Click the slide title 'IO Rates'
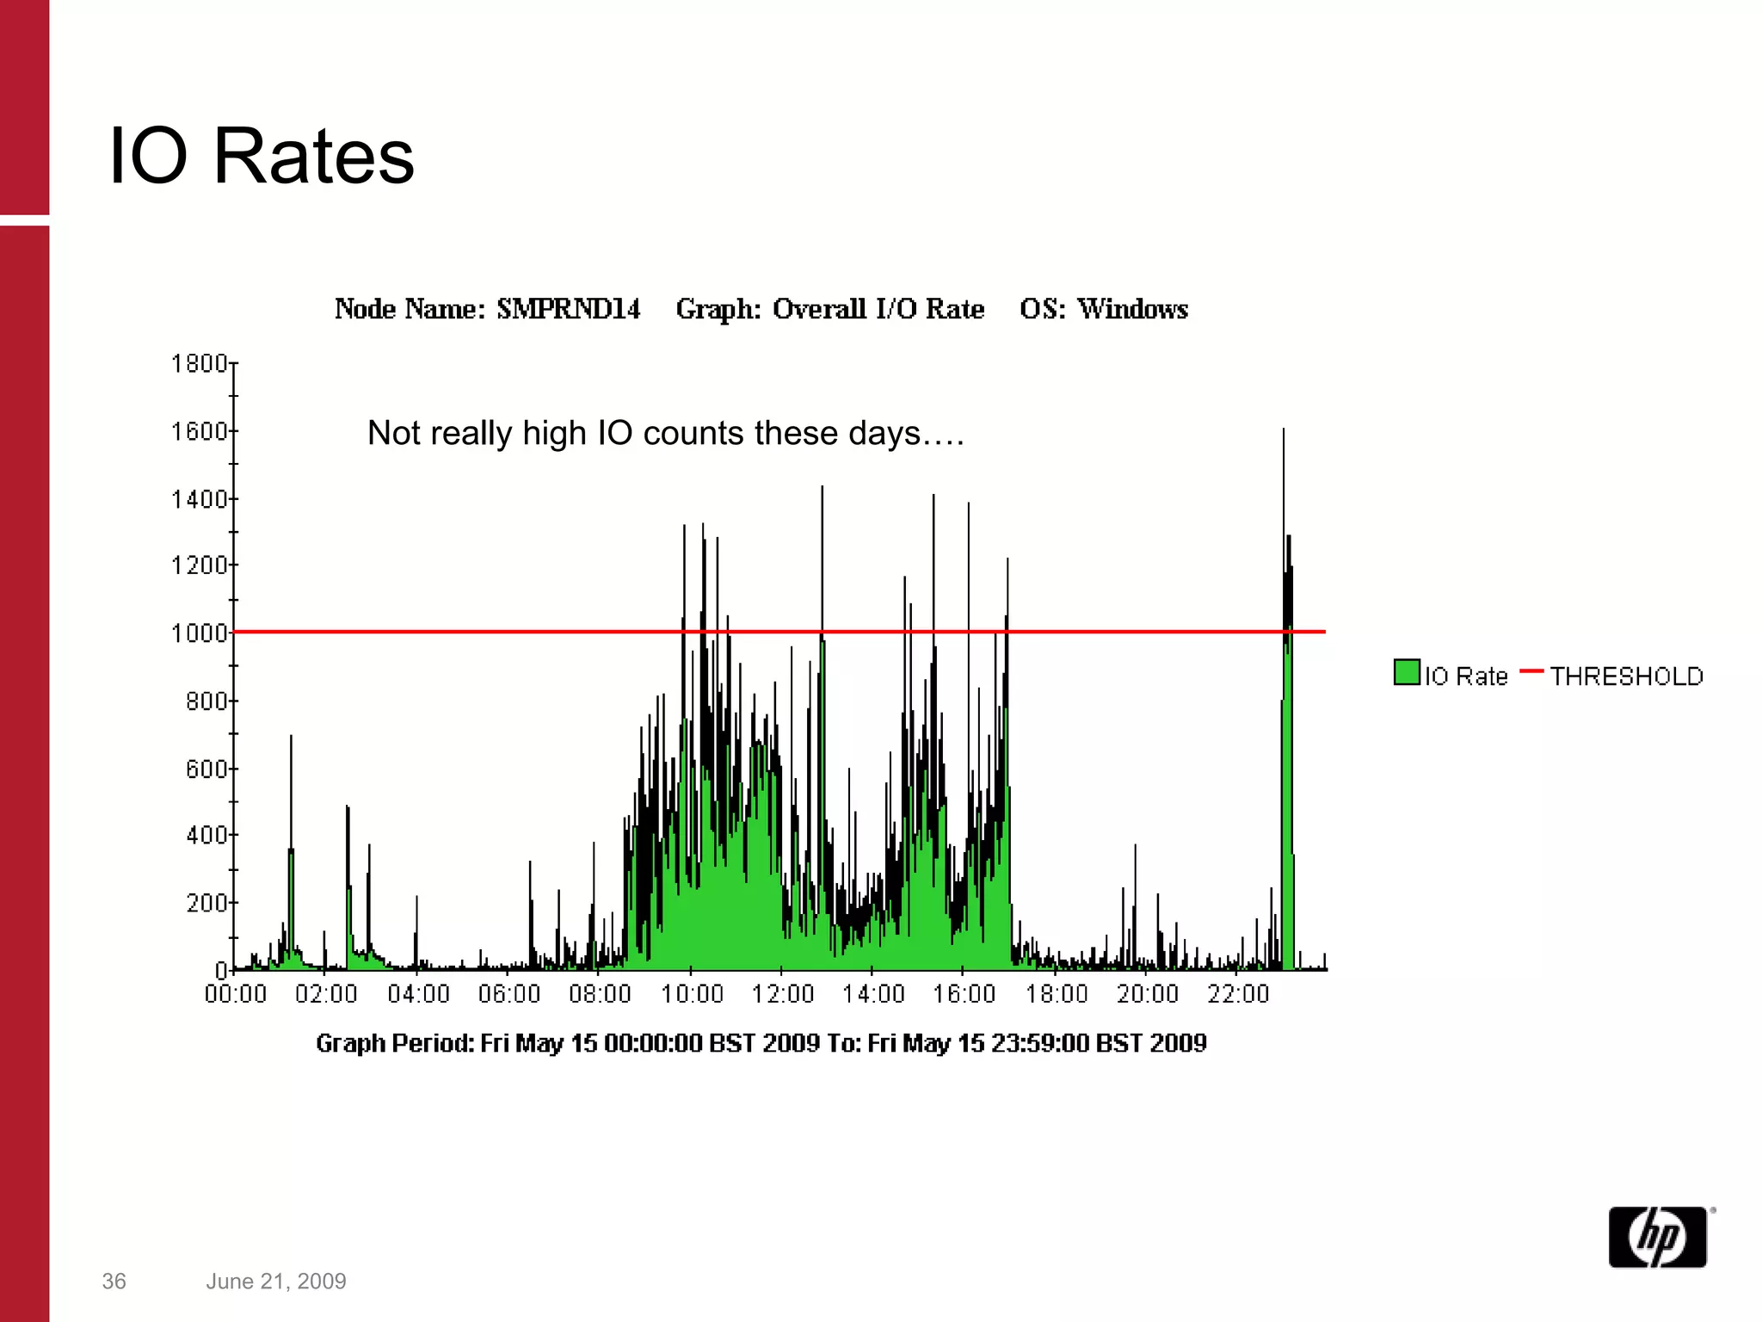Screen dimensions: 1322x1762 261,156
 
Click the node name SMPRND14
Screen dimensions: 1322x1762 568,309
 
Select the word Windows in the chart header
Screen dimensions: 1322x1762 1132,309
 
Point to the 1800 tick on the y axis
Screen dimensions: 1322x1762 199,364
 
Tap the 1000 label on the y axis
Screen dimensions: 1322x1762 199,633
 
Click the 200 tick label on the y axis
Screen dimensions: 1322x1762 206,903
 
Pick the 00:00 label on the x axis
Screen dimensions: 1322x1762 236,995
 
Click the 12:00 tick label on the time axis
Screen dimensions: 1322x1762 782,995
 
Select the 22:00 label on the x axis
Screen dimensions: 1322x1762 1238,995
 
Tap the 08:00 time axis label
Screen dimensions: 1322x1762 600,995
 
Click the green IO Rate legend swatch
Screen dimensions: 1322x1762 1406,672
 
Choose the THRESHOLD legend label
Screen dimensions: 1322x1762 1626,676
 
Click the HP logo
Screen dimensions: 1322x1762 1658,1237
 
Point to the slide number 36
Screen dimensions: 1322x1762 114,1282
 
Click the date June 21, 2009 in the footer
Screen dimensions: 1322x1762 275,1282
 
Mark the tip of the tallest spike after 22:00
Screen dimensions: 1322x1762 1284,429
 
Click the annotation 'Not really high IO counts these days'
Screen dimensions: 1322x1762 664,433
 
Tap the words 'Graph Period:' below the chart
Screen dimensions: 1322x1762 395,1043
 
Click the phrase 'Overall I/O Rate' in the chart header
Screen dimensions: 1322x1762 878,309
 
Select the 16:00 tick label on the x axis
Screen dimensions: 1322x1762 964,995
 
